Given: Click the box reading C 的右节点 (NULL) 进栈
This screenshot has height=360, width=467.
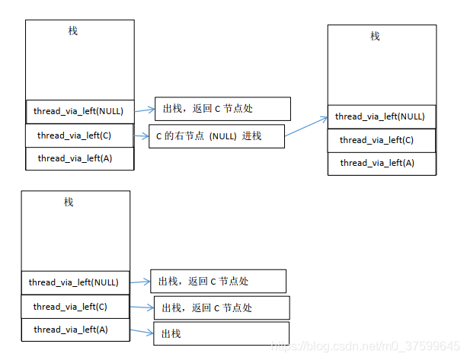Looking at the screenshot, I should coord(216,136).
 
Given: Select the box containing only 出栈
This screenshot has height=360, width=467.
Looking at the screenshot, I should coord(221,333).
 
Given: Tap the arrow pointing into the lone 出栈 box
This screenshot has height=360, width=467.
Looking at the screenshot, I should coord(141,331).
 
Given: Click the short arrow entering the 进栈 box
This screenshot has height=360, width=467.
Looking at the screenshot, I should coord(141,136).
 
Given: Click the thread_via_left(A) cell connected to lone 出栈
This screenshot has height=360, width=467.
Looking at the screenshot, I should coord(75,330).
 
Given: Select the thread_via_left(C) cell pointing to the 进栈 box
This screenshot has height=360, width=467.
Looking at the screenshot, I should coord(79,135).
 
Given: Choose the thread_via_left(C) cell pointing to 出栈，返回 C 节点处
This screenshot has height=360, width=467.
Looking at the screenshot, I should coord(75,307).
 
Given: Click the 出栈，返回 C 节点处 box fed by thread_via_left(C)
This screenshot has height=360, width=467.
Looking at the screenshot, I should coord(222,307).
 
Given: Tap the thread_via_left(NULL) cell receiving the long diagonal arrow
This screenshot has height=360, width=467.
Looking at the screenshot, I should coord(381,116).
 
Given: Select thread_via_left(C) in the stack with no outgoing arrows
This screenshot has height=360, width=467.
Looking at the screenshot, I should coord(381,140).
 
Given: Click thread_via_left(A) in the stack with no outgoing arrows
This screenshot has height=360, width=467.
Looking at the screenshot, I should coord(381,163).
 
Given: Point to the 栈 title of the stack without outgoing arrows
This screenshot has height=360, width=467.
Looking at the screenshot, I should coord(375,36).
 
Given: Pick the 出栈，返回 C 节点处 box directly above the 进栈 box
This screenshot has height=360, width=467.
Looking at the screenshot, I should coord(222,109).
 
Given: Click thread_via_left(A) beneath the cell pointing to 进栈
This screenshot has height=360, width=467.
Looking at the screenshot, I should coord(79,158).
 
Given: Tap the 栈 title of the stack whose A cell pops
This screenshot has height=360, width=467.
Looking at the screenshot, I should coord(69,202).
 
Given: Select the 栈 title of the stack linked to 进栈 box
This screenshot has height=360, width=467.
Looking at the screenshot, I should coord(73,30).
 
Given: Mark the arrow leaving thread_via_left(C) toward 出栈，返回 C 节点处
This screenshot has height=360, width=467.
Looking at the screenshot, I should coord(142,307).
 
